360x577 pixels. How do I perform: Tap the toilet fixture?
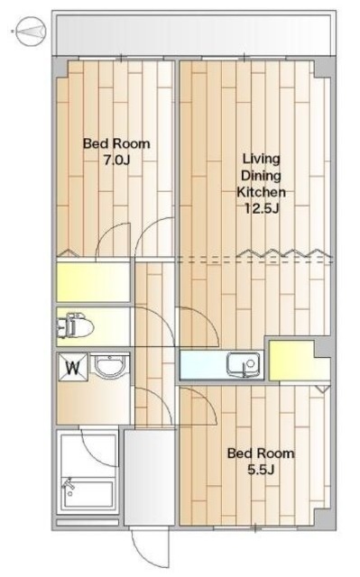(76, 325)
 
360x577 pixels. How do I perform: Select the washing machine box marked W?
(73, 367)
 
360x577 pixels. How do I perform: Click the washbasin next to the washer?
(109, 364)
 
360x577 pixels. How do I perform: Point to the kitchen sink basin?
(243, 364)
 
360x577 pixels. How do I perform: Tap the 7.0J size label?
(116, 160)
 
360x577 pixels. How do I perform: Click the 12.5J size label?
(263, 208)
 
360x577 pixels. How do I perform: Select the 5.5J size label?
(261, 470)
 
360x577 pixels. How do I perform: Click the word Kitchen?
(261, 192)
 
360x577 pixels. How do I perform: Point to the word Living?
(262, 159)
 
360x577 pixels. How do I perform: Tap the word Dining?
(262, 176)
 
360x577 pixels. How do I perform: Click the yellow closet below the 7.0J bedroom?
(93, 282)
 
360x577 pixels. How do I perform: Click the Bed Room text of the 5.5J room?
(261, 453)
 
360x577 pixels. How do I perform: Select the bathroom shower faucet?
(68, 485)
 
